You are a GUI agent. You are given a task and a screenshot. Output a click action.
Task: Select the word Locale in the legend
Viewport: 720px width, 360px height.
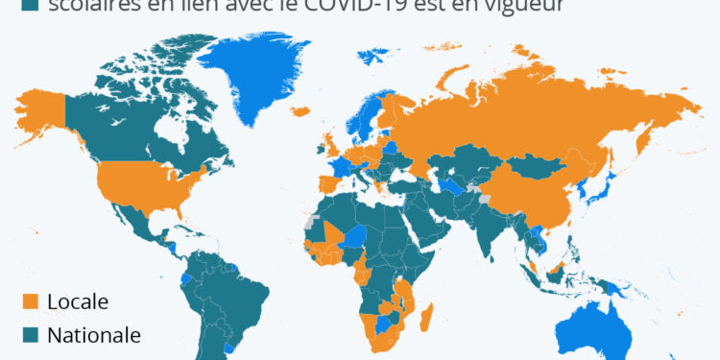(x=78, y=301)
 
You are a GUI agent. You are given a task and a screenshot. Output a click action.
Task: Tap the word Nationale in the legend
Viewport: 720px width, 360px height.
(x=94, y=336)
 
